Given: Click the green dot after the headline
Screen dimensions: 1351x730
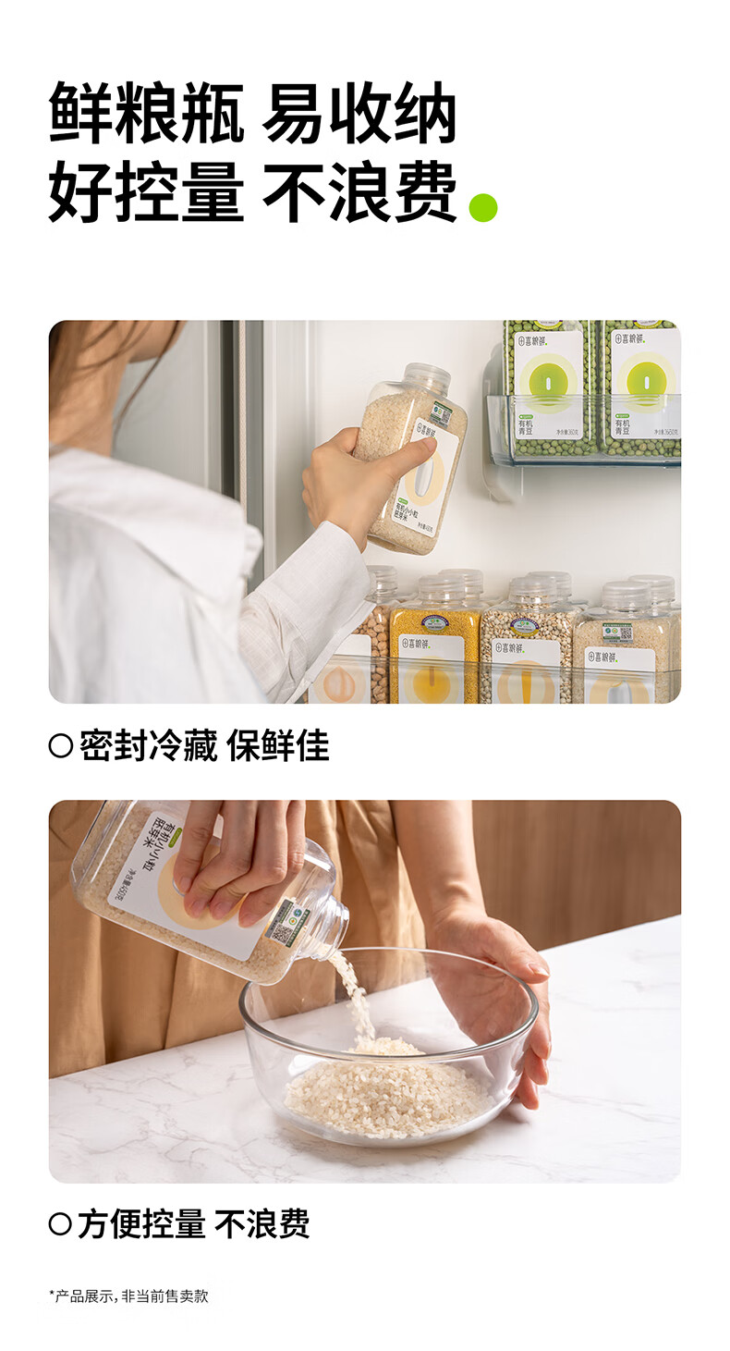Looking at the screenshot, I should point(482,207).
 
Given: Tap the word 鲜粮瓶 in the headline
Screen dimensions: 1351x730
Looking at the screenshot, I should point(146,113).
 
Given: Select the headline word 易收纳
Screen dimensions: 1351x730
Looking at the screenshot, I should point(359,113).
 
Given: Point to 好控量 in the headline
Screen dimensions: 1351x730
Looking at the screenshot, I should point(146,191).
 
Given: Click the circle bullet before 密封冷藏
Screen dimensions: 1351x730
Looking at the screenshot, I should point(60,746).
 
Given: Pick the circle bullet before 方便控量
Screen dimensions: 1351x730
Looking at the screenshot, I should point(60,1225).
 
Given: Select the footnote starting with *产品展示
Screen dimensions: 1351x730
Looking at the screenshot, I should point(128,1296).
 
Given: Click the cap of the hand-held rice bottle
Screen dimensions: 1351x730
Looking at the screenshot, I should point(428,376).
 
